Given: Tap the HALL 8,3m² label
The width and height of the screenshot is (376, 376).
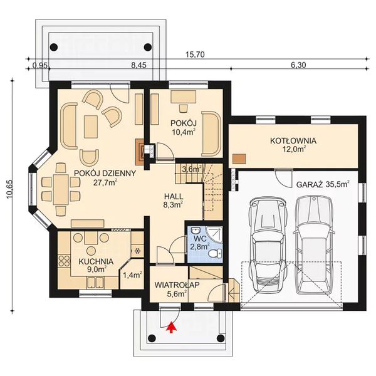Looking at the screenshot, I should tap(174, 199).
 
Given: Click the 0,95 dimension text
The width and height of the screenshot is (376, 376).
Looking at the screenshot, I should tap(40, 65).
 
